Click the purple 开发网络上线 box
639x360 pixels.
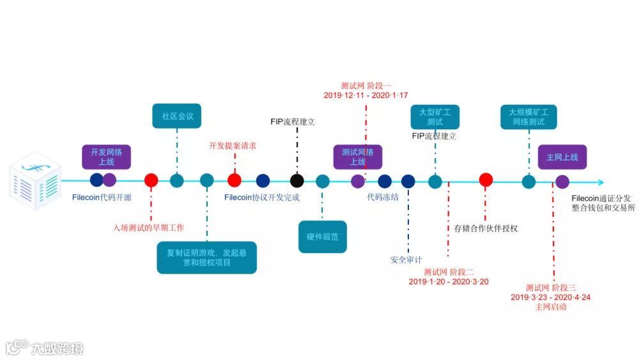click(x=107, y=157)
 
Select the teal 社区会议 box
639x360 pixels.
click(x=176, y=116)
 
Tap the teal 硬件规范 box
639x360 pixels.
click(x=322, y=237)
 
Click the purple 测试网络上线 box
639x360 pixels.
click(x=358, y=157)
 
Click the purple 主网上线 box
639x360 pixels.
click(x=562, y=157)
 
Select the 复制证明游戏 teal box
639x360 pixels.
click(x=207, y=257)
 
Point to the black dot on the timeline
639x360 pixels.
click(x=296, y=181)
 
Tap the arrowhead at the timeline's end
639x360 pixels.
click(x=599, y=182)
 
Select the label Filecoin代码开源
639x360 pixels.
click(x=102, y=198)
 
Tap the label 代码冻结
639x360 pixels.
click(x=383, y=197)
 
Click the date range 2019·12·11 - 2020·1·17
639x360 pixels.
click(x=366, y=95)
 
